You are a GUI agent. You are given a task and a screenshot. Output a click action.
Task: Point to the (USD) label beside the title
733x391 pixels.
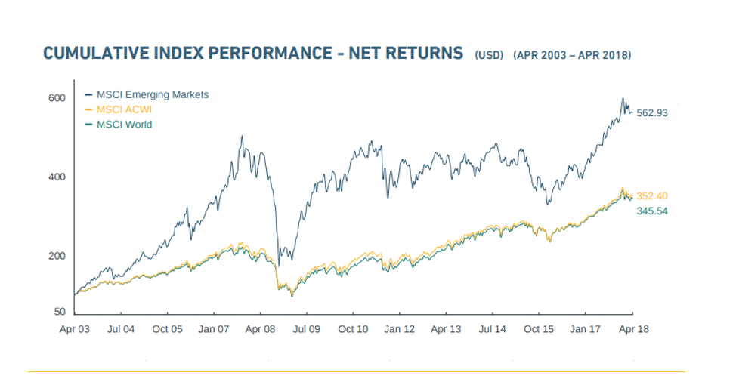[x=490, y=56]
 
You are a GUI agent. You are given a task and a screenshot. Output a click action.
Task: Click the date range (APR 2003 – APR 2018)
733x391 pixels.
[x=572, y=56]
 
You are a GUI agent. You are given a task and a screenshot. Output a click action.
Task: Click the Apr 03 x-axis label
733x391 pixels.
[x=75, y=329]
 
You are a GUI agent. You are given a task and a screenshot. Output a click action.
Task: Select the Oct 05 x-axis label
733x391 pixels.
[x=168, y=329]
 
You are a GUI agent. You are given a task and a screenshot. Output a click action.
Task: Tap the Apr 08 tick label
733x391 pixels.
[x=260, y=329]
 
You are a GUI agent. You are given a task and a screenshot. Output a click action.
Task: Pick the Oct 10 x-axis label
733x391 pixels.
[x=353, y=329]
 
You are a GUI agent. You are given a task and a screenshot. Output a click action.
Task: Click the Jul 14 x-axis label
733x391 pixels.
[x=493, y=329]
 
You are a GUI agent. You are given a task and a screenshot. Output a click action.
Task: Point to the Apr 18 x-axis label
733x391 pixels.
[x=633, y=329]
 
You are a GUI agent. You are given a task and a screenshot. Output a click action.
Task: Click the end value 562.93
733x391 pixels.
[x=653, y=112]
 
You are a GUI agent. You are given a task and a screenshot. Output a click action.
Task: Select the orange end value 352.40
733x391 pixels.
[x=653, y=196]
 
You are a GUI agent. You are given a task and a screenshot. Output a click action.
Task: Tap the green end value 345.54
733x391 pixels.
[x=653, y=211]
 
